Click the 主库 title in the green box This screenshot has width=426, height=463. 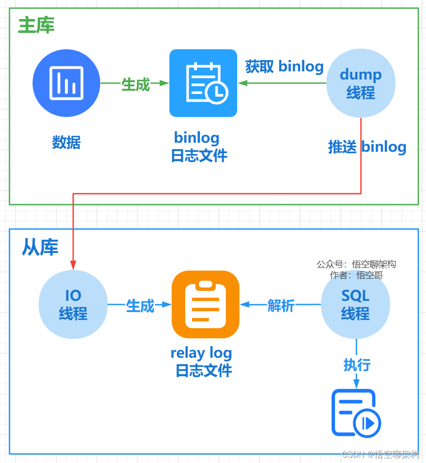[36, 26]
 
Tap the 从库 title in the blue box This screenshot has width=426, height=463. [40, 247]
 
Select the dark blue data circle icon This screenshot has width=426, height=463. [66, 83]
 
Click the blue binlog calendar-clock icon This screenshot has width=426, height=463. [203, 83]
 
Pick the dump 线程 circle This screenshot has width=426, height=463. [360, 84]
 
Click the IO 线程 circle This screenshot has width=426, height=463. [73, 304]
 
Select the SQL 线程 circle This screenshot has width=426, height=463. [355, 304]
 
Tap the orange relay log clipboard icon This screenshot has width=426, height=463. [205, 304]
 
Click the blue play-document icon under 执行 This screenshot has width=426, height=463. [356, 413]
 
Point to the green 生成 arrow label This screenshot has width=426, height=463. [136, 84]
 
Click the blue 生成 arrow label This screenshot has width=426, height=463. [140, 306]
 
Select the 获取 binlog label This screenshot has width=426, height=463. [284, 67]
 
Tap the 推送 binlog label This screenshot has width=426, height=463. [367, 147]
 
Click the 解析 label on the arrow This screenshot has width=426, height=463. [281, 306]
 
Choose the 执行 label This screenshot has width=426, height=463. [357, 365]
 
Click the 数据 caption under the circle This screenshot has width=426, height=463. [66, 143]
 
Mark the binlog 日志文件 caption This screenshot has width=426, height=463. [198, 147]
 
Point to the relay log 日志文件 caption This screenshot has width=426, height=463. [201, 362]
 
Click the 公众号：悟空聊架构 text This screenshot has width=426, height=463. [356, 264]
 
